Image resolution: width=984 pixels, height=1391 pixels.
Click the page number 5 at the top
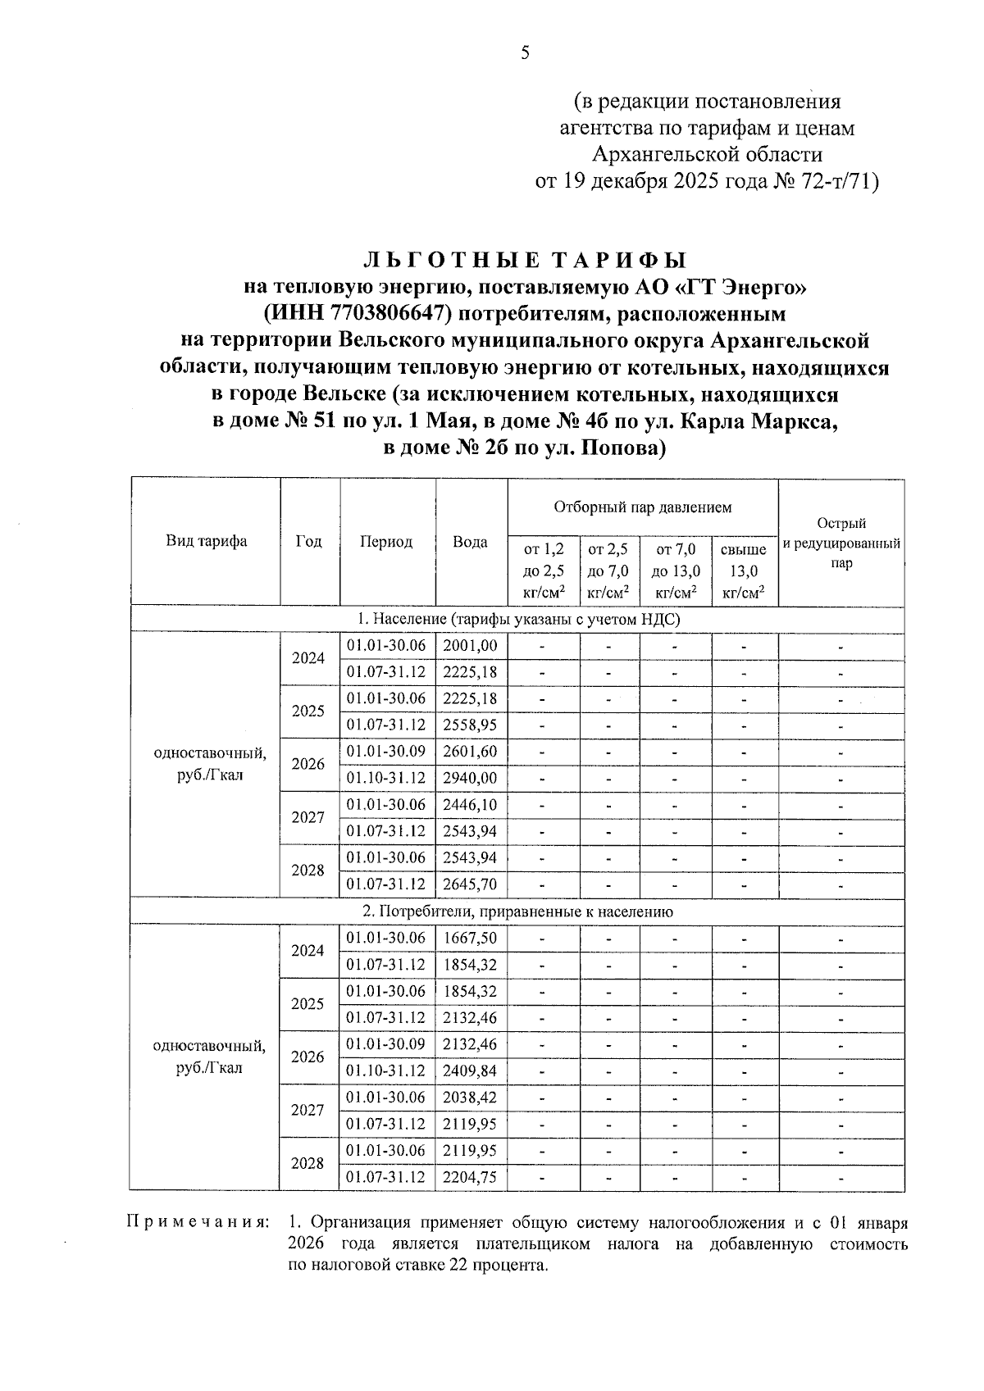526,54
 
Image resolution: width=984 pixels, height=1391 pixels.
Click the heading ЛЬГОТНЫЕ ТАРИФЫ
525,261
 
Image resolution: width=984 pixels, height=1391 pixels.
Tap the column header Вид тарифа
206,542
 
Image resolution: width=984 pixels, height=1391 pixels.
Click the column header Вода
471,542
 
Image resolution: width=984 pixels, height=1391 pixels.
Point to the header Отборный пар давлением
642,507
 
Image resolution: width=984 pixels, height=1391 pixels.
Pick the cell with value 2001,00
470,646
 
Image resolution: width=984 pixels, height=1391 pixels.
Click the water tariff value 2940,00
470,778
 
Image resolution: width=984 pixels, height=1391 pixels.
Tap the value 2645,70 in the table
470,884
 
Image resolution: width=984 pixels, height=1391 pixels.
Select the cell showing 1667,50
470,938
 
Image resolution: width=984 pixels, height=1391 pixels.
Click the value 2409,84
470,1071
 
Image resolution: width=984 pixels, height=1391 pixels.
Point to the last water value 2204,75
470,1177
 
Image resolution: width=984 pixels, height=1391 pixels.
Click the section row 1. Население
517,620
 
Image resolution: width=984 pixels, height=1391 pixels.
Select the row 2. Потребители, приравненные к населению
517,911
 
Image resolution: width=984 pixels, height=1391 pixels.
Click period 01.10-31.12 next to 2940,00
386,778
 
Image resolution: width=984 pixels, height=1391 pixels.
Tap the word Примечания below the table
197,1223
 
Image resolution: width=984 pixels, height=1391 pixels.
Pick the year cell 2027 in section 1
308,817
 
